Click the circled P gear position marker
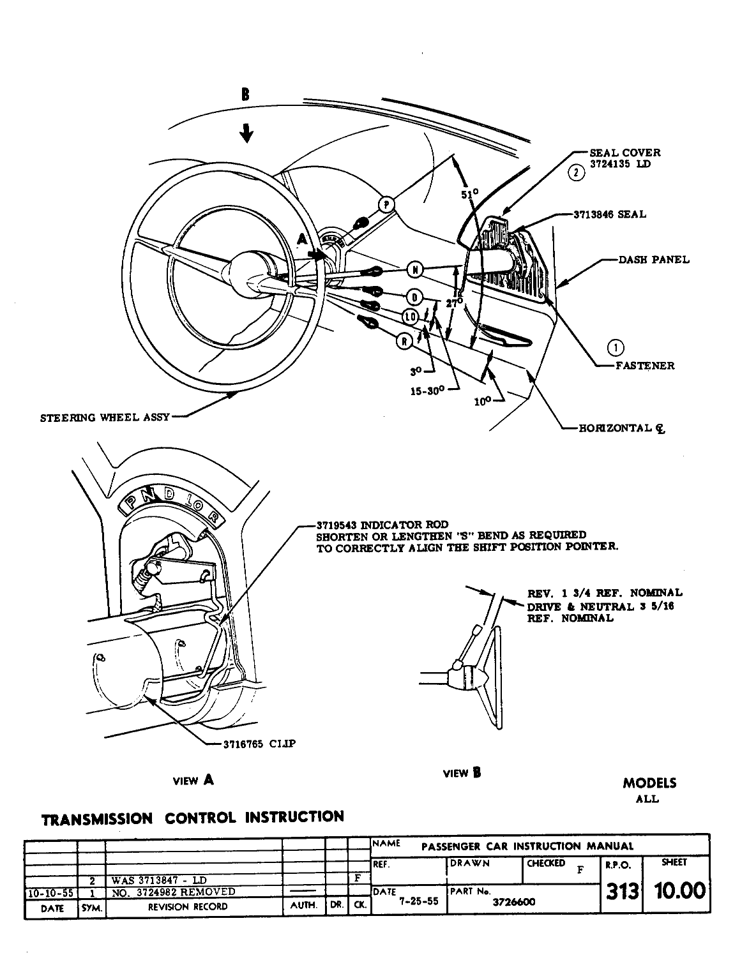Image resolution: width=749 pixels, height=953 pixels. point(386,204)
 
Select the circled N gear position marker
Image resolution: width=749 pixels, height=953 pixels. point(416,269)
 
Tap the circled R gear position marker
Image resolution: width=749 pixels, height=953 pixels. point(405,341)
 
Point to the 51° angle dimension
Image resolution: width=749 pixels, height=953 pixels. point(470,193)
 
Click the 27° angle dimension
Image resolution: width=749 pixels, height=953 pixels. point(454,303)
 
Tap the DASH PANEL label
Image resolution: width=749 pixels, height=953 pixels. point(654,260)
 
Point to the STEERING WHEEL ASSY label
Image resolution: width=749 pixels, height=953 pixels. point(105,418)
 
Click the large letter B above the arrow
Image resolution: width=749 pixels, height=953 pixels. point(245,95)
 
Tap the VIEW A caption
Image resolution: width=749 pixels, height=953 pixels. point(193,780)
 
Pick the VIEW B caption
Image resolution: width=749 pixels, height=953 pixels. point(461,774)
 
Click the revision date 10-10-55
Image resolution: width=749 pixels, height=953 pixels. point(50,892)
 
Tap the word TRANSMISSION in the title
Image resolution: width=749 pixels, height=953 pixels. point(96,819)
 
